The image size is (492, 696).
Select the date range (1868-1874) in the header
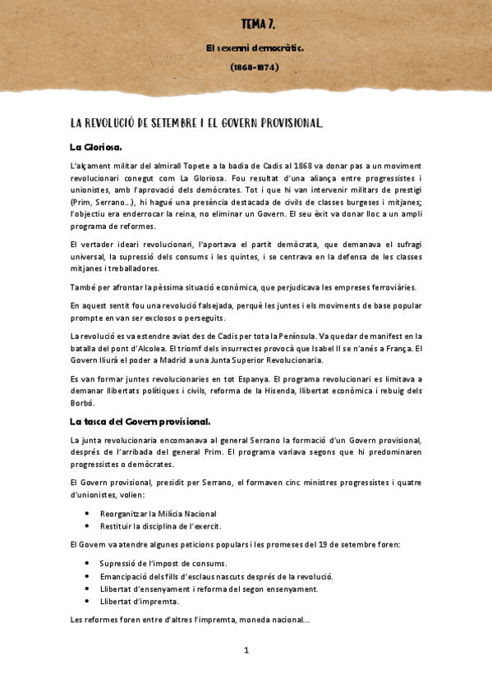click(x=255, y=67)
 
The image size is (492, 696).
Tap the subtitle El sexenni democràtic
click(x=255, y=48)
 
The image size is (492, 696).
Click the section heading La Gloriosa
click(x=96, y=148)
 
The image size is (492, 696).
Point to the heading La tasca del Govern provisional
click(x=140, y=422)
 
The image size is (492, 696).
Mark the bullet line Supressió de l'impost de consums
click(x=163, y=563)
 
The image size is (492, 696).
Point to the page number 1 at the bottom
click(x=246, y=651)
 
